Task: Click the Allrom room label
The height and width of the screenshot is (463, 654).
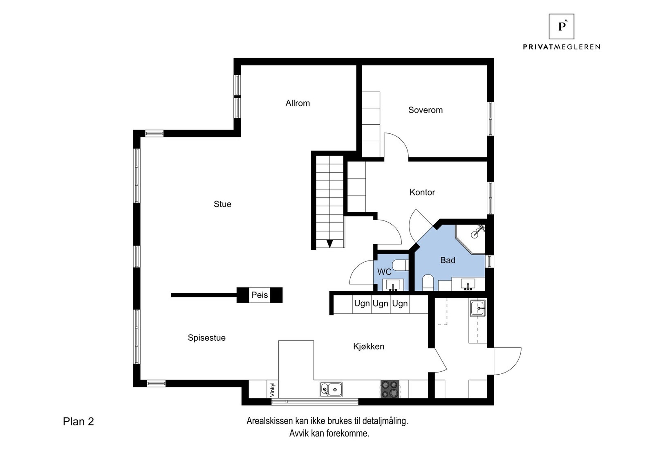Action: (x=298, y=103)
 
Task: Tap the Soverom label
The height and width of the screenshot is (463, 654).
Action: (x=425, y=110)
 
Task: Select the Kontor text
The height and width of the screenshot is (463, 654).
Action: (x=422, y=192)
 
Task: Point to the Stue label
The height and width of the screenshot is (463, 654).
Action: (x=222, y=204)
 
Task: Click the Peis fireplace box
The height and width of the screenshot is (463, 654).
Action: (x=260, y=295)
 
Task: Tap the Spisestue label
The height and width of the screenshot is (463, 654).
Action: (x=206, y=338)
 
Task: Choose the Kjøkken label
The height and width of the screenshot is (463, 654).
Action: (x=368, y=346)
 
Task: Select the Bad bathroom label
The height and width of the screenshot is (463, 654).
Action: (x=448, y=260)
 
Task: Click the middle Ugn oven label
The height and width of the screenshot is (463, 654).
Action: (x=381, y=303)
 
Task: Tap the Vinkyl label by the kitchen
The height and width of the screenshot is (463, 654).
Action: (x=273, y=389)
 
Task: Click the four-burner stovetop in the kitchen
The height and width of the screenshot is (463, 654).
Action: (x=390, y=389)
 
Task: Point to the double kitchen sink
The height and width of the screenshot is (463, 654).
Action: (x=331, y=389)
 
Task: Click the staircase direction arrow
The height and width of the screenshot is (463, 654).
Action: (x=329, y=244)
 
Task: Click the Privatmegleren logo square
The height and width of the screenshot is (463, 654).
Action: (x=561, y=27)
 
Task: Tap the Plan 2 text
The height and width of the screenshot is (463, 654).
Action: (x=78, y=422)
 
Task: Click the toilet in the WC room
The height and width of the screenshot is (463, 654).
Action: (x=399, y=265)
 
